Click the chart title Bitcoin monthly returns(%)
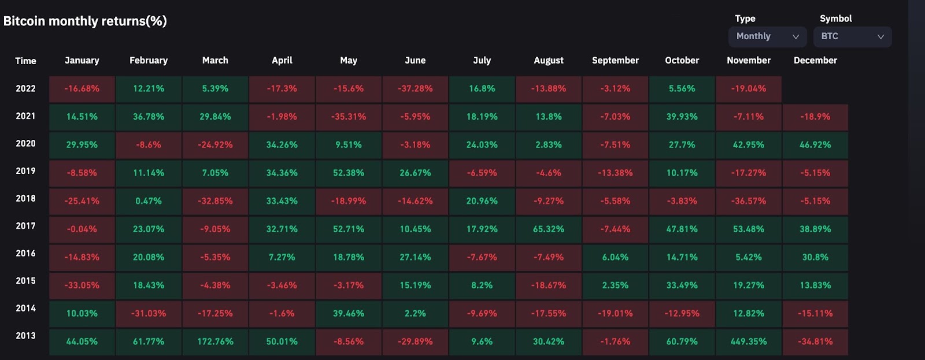(x=85, y=21)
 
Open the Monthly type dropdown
(x=767, y=36)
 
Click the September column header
(x=615, y=60)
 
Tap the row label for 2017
(x=25, y=226)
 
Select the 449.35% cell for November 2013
(x=749, y=342)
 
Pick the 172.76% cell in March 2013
(x=215, y=342)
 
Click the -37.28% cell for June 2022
(x=415, y=89)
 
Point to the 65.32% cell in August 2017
(x=549, y=229)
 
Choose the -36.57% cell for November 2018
(x=749, y=201)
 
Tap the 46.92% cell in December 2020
(x=815, y=145)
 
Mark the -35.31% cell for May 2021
(x=349, y=117)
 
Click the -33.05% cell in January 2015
(x=82, y=285)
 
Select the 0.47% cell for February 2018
(x=149, y=201)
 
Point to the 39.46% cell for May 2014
(x=349, y=313)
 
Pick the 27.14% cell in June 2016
(x=415, y=257)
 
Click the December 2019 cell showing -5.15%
(x=815, y=173)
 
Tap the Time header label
(x=25, y=61)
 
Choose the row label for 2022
(x=25, y=88)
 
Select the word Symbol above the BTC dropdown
(x=835, y=18)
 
